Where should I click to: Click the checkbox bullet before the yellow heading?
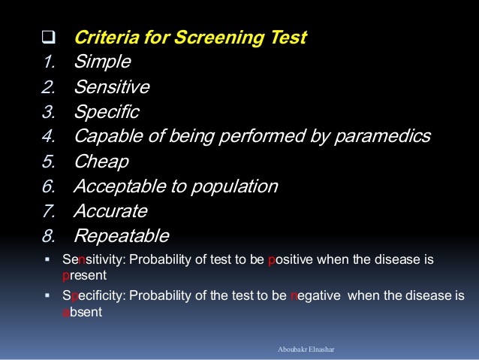tap(49, 37)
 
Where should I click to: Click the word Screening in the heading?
tap(220, 38)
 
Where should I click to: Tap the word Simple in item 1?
tap(103, 62)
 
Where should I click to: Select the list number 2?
tap(49, 87)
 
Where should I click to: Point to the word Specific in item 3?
tap(107, 112)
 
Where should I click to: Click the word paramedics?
tap(382, 137)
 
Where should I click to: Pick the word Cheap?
tap(101, 162)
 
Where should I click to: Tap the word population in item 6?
tap(234, 186)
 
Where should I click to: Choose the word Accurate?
tap(110, 211)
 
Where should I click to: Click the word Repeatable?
tap(122, 236)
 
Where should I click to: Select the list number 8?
tap(49, 236)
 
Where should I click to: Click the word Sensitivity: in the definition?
tap(94, 260)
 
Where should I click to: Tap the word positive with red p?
tap(291, 260)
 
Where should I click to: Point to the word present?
tap(85, 276)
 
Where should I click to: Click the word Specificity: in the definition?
tap(94, 296)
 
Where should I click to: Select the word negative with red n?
tap(315, 296)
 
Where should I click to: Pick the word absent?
tap(83, 312)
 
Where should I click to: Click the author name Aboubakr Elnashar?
tap(306, 349)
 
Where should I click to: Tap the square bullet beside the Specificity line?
tap(47, 295)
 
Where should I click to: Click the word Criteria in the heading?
tap(107, 38)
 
